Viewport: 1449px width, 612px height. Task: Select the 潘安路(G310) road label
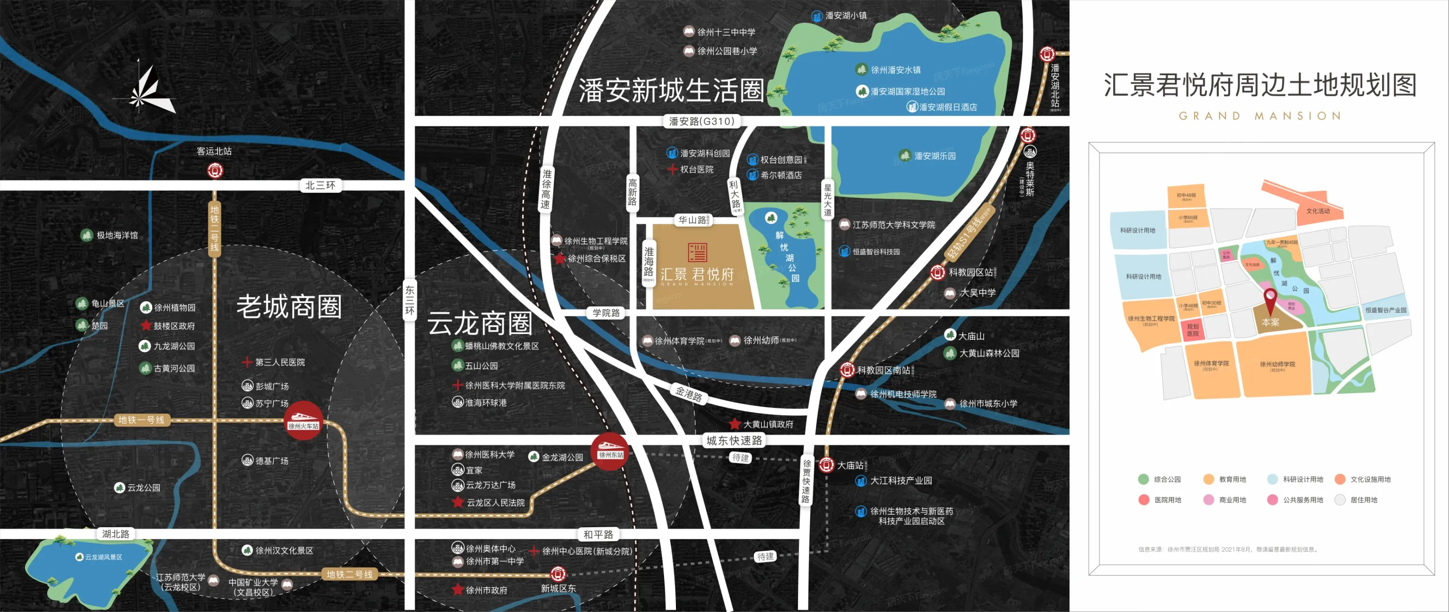click(701, 121)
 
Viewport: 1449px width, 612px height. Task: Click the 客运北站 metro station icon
click(215, 170)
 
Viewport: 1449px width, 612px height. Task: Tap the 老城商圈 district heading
click(289, 307)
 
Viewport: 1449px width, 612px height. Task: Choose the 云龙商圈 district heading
click(479, 323)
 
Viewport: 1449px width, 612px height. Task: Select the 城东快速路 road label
click(734, 441)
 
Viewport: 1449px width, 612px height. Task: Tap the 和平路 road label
click(598, 534)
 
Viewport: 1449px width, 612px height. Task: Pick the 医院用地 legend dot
click(1143, 499)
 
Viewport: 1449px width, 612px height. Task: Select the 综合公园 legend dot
click(1143, 479)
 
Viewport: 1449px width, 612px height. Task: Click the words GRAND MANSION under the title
click(1259, 116)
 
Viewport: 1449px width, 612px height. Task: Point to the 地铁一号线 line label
click(141, 420)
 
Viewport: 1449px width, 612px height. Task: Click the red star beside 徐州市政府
click(458, 589)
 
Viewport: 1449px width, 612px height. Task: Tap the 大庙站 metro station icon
click(826, 465)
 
